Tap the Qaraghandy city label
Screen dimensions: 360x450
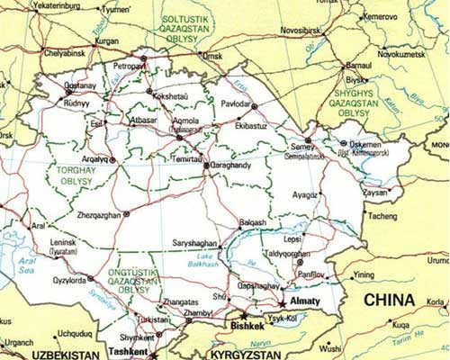click(x=237, y=166)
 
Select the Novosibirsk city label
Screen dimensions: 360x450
click(x=304, y=31)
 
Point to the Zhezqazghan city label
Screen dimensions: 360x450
click(x=94, y=215)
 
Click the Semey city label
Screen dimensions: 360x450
click(x=301, y=147)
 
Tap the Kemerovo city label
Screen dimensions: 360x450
click(x=381, y=16)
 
